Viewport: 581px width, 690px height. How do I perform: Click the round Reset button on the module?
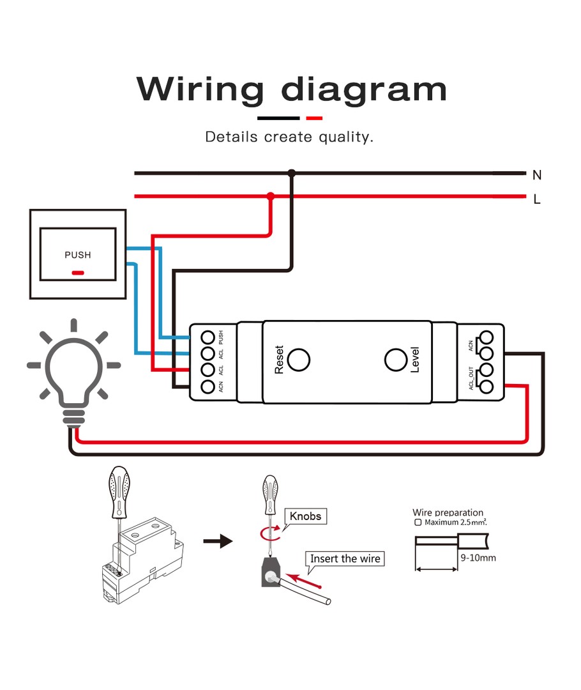point(298,360)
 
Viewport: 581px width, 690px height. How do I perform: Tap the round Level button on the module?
point(396,360)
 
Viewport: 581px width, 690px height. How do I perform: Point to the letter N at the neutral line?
point(537,175)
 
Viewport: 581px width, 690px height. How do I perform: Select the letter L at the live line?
point(537,199)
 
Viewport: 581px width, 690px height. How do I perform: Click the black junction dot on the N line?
point(292,173)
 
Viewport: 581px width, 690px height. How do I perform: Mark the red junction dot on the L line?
point(270,197)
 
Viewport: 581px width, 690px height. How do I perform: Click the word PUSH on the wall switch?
point(78,255)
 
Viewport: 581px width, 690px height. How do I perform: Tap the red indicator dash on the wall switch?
point(78,273)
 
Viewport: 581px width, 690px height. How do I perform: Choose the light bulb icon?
point(74,371)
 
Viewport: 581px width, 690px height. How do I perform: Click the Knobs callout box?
point(306,516)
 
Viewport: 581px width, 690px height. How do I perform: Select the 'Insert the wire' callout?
point(345,559)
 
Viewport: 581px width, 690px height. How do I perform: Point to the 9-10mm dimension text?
point(478,558)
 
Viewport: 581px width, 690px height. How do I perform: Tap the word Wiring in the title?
point(200,89)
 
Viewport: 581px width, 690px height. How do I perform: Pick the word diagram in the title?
point(364,89)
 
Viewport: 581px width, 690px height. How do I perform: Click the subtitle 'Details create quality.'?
point(289,137)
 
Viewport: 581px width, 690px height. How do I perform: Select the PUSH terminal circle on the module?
point(207,336)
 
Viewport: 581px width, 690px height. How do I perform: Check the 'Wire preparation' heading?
point(448,512)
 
